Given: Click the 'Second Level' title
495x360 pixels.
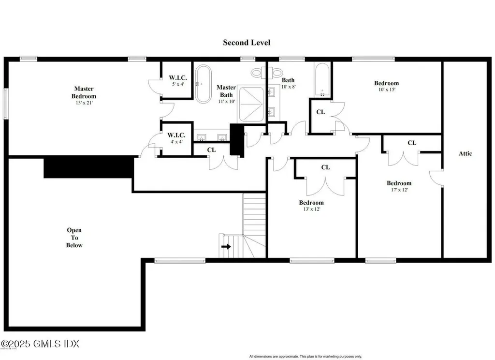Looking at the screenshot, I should coord(247,43).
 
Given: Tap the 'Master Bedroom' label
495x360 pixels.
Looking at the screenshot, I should coord(84,92).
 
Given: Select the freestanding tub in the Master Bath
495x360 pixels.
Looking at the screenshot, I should coord(203,83).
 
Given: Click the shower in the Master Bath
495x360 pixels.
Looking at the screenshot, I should coord(251,104).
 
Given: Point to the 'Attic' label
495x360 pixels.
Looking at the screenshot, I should coord(465,153).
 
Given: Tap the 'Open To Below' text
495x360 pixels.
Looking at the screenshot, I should coord(74,238).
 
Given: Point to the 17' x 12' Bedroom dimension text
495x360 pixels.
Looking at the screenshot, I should coord(399,190).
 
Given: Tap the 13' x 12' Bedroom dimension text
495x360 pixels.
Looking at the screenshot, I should coord(311,209).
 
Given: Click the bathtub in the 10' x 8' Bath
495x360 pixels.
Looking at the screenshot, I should coord(321,80).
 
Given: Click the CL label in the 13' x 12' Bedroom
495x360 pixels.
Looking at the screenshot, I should coord(325,167).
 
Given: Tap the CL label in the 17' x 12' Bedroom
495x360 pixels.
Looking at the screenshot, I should coord(411,143).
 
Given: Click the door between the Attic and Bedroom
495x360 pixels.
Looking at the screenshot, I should coord(436,177).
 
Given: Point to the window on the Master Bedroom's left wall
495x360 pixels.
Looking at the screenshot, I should coord(5,103).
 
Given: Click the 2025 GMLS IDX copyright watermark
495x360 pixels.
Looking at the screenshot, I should coord(40,344).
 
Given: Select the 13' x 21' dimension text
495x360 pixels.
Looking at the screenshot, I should coord(84,103).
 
